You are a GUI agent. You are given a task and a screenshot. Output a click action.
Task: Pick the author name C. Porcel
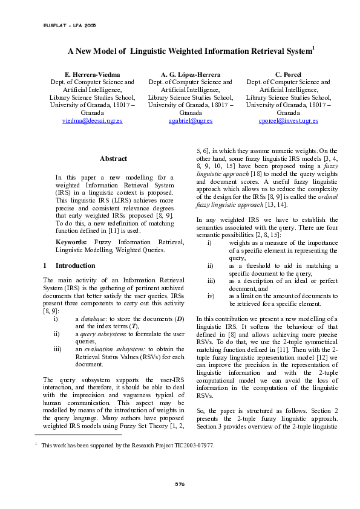click(x=288, y=73)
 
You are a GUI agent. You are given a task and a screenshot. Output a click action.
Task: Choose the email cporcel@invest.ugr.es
click(x=288, y=121)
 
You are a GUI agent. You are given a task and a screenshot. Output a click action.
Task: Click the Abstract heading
click(x=113, y=159)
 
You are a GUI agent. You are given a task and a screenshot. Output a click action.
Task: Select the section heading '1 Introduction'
click(x=69, y=265)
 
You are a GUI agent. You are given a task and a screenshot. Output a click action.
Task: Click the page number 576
click(x=180, y=484)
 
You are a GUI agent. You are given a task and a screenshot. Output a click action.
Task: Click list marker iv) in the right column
click(x=211, y=296)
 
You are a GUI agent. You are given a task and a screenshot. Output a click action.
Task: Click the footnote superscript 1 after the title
click(x=313, y=48)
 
